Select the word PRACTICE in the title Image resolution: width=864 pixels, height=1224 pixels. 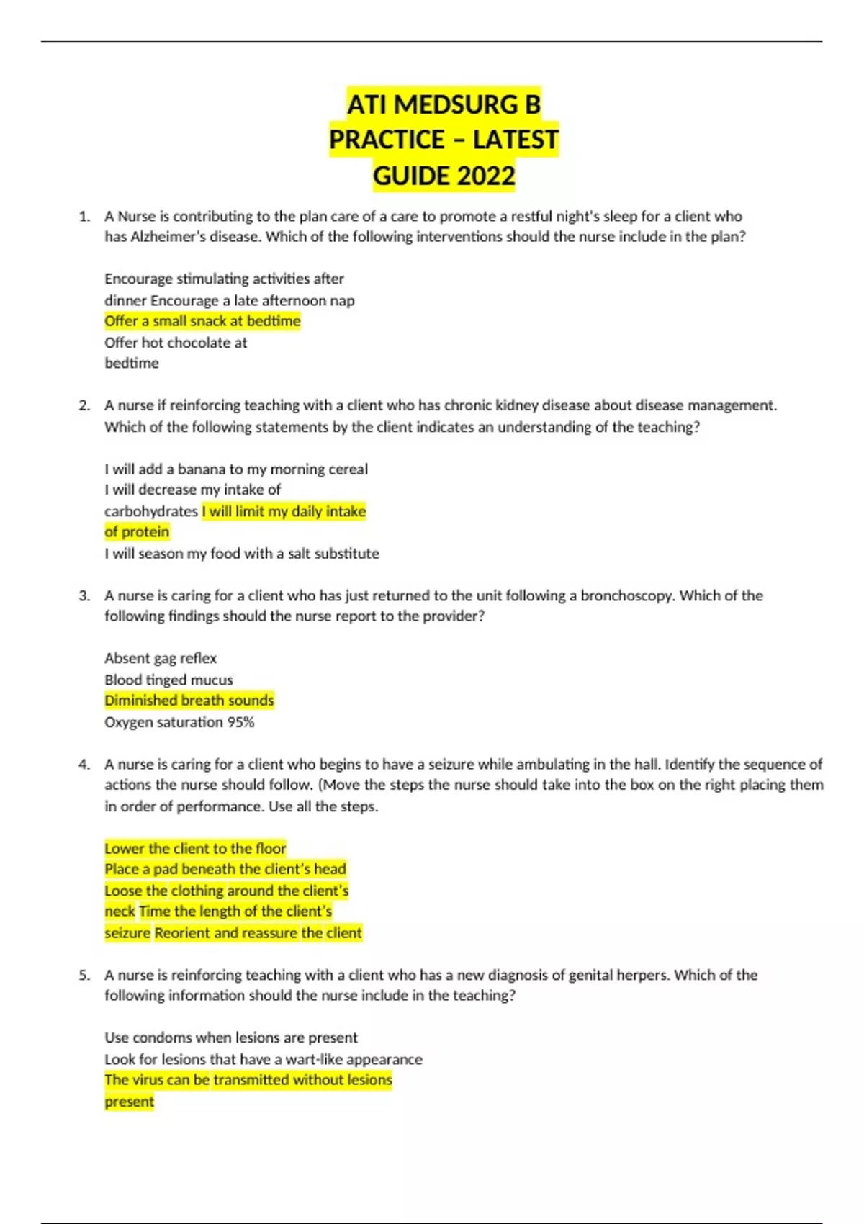click(387, 140)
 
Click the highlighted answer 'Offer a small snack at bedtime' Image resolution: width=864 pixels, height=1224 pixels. click(202, 321)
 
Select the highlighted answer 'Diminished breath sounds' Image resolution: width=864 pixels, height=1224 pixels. click(189, 701)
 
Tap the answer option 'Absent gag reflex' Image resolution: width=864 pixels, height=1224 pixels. click(161, 658)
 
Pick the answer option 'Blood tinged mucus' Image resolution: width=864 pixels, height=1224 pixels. click(168, 680)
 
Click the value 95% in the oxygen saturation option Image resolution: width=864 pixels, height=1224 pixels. click(240, 722)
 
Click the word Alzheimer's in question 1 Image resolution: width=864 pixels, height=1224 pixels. click(168, 237)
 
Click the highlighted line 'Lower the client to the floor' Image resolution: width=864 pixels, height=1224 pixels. click(195, 848)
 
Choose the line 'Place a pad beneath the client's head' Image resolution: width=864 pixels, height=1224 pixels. click(225, 869)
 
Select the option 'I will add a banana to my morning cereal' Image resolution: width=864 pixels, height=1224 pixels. click(236, 469)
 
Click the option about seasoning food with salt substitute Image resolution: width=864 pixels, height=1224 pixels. click(242, 554)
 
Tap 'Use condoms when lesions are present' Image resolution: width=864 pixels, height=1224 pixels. click(231, 1038)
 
